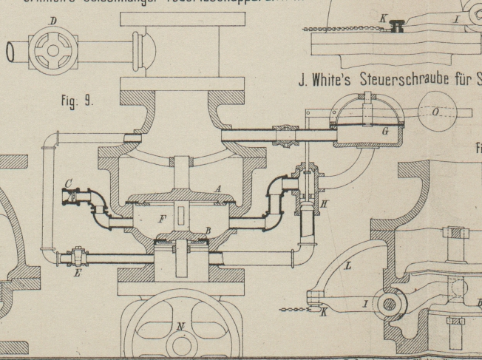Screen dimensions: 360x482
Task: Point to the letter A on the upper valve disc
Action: (x=217, y=189)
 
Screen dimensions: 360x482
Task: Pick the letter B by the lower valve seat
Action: (x=208, y=231)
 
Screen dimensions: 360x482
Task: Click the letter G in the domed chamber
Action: (x=365, y=131)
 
